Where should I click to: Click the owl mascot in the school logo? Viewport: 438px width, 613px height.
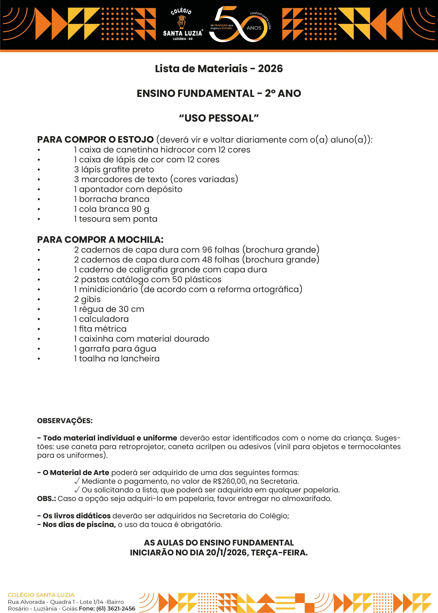181,22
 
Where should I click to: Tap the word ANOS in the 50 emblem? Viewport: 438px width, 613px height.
254,28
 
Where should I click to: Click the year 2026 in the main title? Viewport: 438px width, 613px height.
270,69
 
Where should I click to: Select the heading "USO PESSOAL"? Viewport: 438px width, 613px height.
219,118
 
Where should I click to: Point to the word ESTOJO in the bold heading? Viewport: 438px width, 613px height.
136,140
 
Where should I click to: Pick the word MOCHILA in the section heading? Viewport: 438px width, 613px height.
140,240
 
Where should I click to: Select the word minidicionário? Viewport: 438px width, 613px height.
109,289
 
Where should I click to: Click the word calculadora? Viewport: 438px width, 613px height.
104,319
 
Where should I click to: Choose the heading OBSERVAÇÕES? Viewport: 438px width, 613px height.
65,421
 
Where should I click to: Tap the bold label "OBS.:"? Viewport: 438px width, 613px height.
46,499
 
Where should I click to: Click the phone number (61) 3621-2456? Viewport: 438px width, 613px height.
116,608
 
